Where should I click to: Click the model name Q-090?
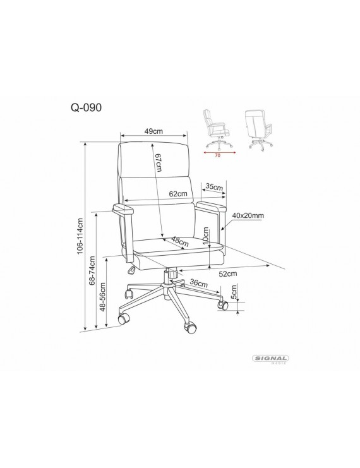click(x=86, y=107)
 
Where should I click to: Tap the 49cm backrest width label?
click(x=153, y=131)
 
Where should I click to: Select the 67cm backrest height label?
click(x=159, y=163)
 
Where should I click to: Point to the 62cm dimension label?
click(x=178, y=194)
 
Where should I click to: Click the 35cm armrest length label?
click(x=214, y=187)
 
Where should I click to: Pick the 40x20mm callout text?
click(x=248, y=215)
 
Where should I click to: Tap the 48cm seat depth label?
click(x=180, y=242)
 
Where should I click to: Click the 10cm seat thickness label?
click(x=206, y=236)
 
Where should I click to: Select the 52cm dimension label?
click(x=228, y=273)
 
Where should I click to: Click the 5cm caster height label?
click(x=234, y=292)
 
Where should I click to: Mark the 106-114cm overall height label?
click(x=80, y=236)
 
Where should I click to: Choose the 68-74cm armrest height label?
click(x=92, y=270)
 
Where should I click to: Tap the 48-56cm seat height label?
click(x=103, y=297)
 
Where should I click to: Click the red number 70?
click(x=218, y=155)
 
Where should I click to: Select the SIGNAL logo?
click(x=270, y=359)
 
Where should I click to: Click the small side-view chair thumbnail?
click(x=218, y=129)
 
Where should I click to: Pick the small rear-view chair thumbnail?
click(x=258, y=130)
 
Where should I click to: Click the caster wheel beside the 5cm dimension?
click(x=224, y=305)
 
